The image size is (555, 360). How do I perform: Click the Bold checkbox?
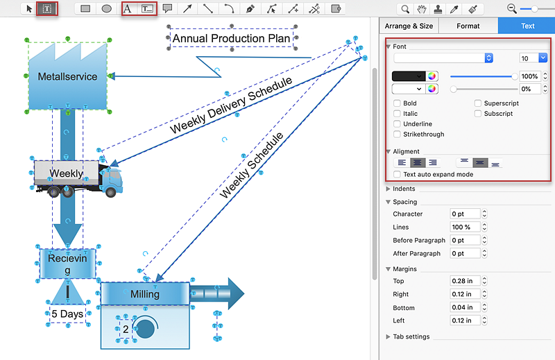(x=397, y=103)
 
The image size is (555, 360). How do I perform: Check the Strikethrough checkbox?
(x=397, y=134)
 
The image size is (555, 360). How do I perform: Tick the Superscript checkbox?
(x=478, y=103)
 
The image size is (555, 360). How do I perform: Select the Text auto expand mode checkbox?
(x=397, y=174)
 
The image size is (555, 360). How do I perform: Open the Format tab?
(x=468, y=26)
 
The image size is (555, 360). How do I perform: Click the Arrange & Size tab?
(x=409, y=26)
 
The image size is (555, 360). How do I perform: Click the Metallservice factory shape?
(x=67, y=76)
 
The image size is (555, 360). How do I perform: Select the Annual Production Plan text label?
(x=232, y=38)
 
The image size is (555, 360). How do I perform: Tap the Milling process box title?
(x=145, y=293)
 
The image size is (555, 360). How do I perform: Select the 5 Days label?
(x=67, y=314)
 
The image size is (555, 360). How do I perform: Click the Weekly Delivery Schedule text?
(x=231, y=105)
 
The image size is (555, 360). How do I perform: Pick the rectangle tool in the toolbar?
(x=85, y=8)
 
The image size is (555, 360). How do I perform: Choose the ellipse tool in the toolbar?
(x=107, y=8)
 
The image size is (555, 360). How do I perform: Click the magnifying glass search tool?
(x=405, y=9)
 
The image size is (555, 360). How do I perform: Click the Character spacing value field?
(x=465, y=214)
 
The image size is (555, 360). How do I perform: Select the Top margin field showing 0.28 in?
(x=465, y=281)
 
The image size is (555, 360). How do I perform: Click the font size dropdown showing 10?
(x=533, y=58)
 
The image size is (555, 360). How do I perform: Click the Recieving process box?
(x=67, y=264)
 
